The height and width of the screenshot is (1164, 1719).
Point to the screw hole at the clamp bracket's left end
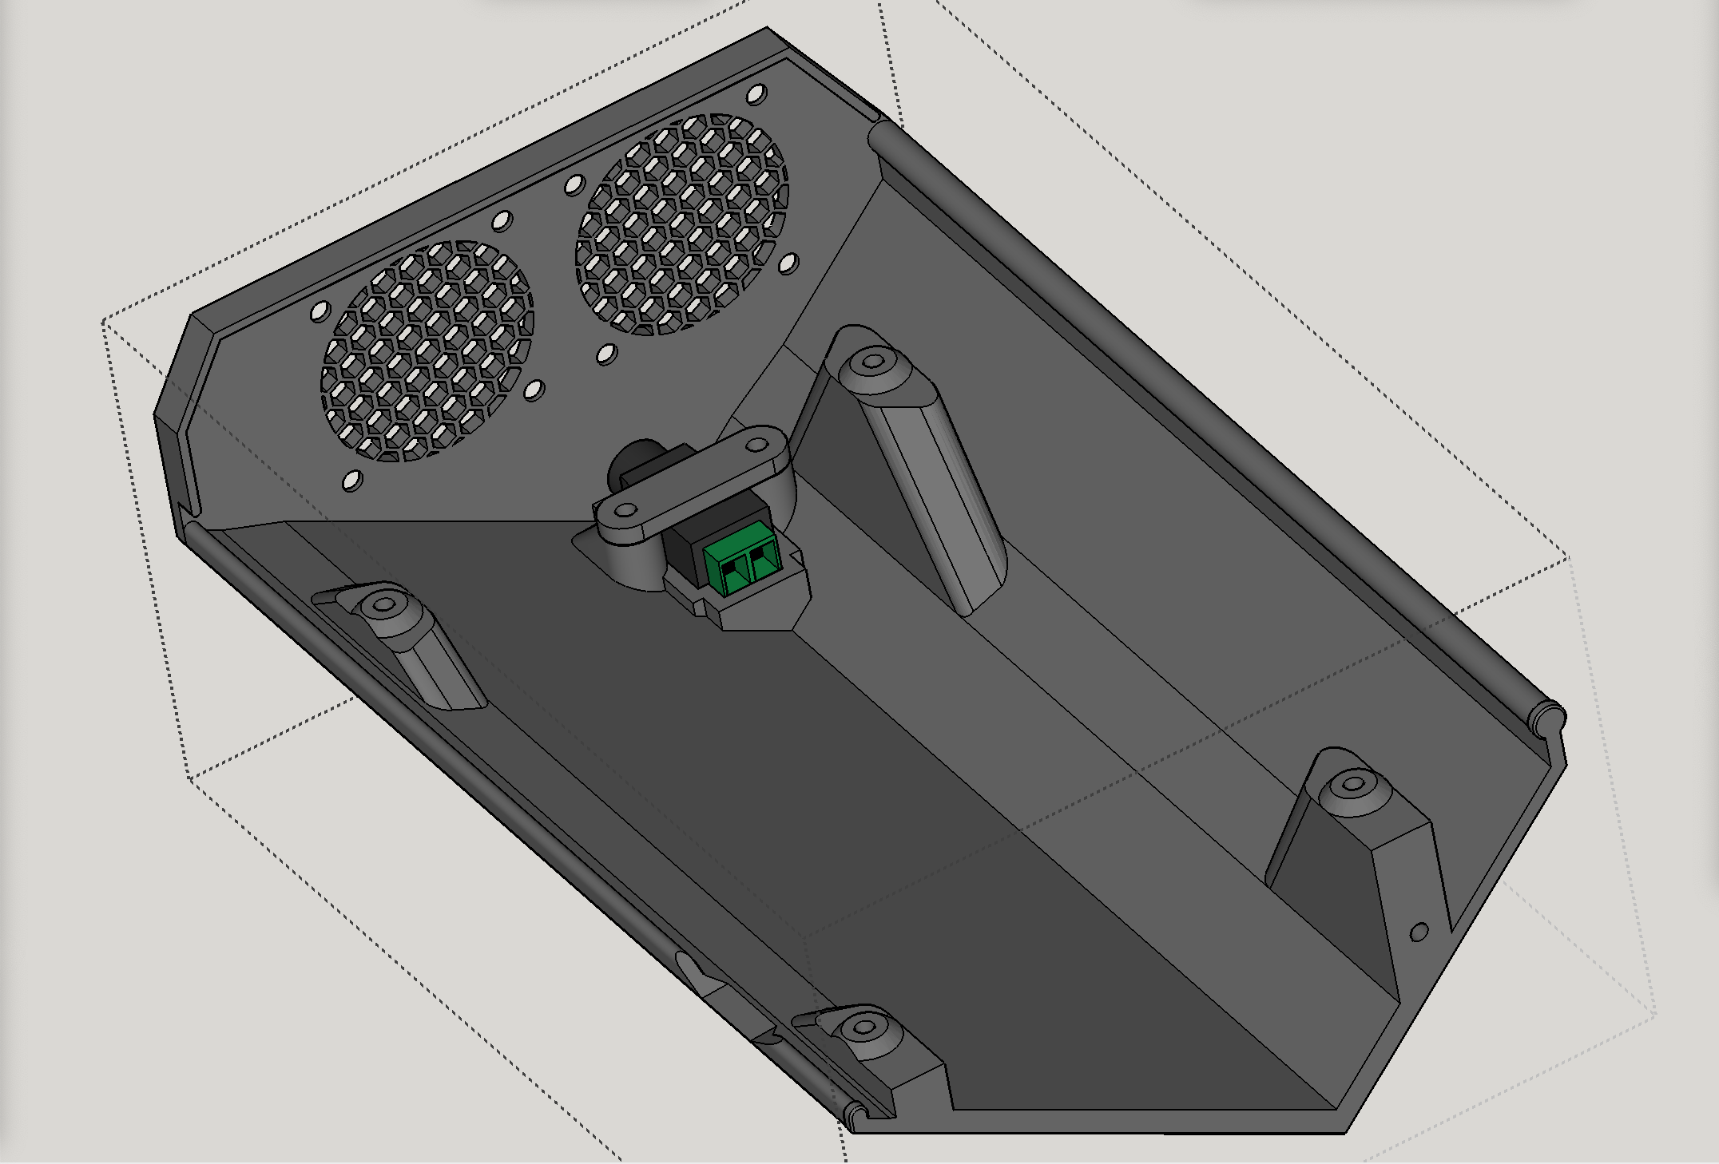(626, 509)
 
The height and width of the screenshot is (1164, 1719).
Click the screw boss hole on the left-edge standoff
(384, 604)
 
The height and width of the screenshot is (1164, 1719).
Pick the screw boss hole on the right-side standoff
(1352, 784)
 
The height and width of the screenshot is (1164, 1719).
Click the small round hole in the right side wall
(1419, 931)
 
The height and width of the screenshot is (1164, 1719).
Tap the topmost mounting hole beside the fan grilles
(756, 94)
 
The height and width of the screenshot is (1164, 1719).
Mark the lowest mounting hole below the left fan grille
(351, 481)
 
